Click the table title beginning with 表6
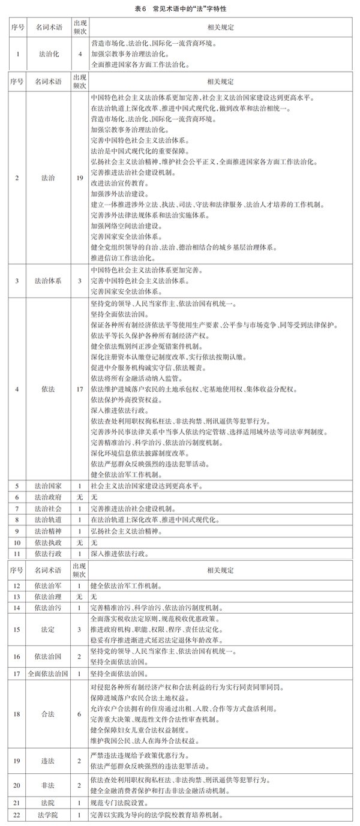[180, 10]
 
